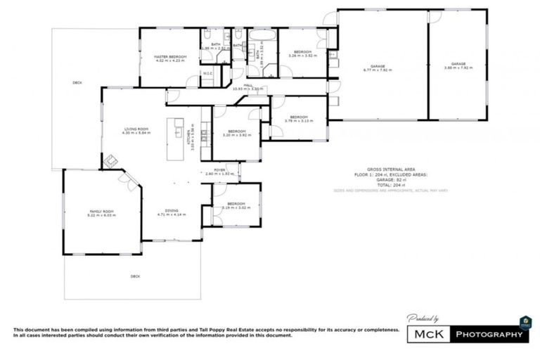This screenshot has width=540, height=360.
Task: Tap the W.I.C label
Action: click(x=208, y=73)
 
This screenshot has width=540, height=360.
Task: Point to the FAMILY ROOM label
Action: click(x=101, y=211)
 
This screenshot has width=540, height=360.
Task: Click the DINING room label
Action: click(x=171, y=211)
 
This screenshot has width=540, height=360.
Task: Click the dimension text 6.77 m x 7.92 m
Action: click(x=377, y=70)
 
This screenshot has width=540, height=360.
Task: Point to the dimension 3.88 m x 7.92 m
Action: click(x=458, y=68)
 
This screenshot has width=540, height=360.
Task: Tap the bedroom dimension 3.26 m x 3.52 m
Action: click(x=302, y=56)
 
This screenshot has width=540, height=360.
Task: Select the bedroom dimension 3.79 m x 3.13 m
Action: click(x=299, y=121)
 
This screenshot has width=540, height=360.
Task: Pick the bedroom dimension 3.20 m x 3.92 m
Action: click(x=237, y=135)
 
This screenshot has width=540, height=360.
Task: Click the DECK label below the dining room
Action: click(x=135, y=276)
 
